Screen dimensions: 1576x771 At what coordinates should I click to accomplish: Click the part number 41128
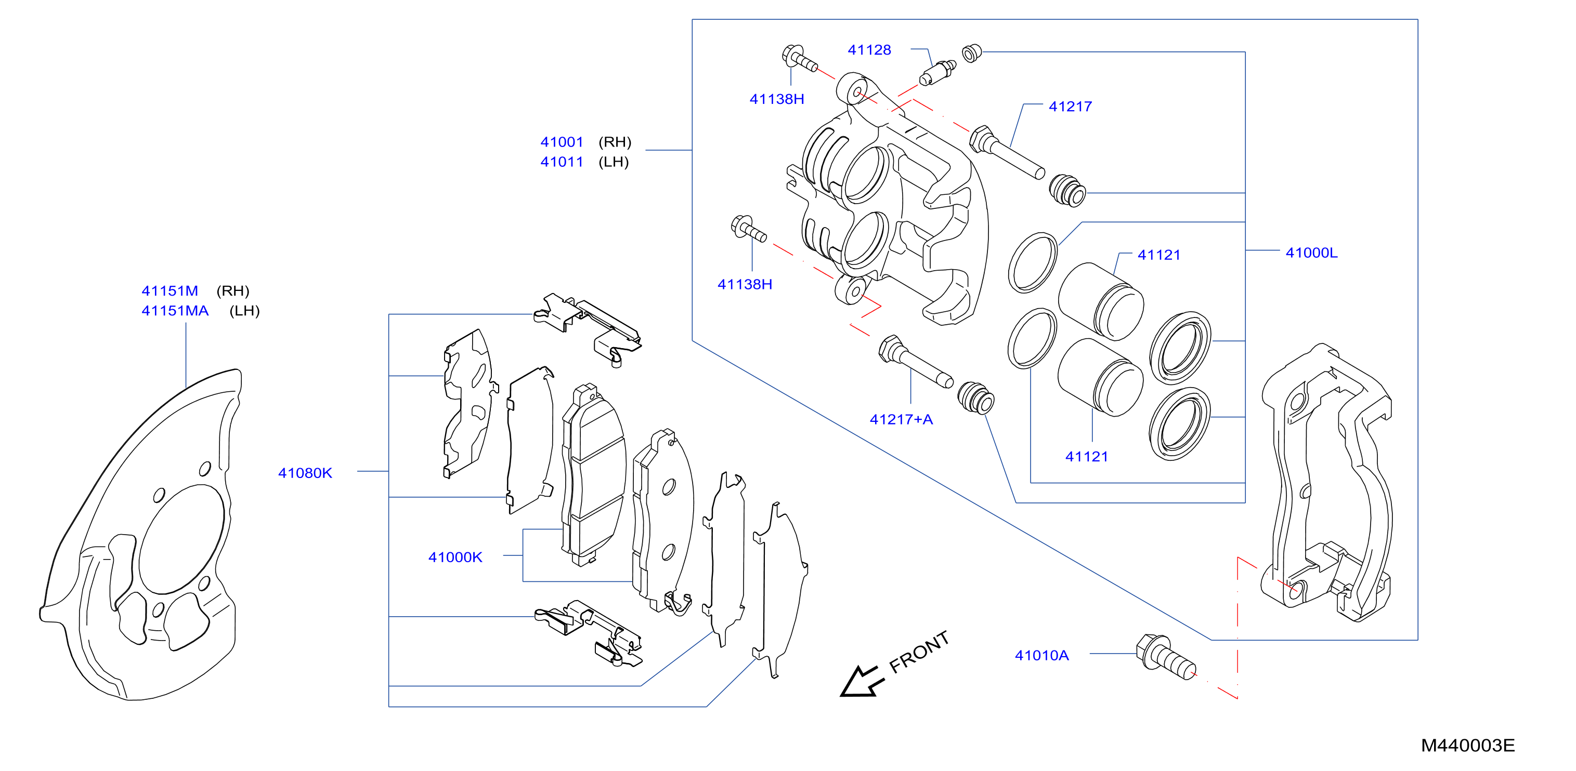pos(869,50)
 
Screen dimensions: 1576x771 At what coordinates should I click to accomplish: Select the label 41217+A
pos(901,419)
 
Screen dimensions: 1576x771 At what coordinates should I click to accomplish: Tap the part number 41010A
pos(1041,656)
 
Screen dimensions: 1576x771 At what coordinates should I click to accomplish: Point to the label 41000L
pos(1312,252)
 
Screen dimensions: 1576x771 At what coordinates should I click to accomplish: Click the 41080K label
pos(305,473)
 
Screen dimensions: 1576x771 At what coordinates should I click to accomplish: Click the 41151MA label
pos(175,311)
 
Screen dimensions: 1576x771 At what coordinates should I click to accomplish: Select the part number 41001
pos(562,142)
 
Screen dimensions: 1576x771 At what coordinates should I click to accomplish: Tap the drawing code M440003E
pos(1468,746)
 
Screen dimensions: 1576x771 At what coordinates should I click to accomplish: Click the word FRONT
pos(918,652)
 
